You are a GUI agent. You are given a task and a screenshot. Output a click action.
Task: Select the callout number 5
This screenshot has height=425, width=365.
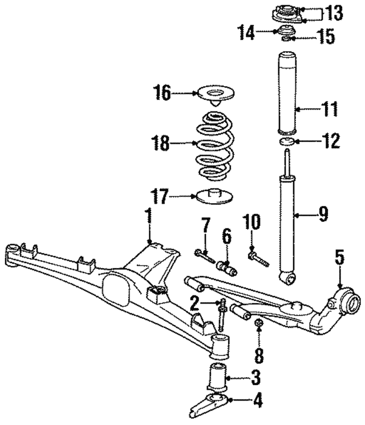click(339, 258)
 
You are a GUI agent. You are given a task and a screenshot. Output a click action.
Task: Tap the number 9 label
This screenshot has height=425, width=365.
click(323, 214)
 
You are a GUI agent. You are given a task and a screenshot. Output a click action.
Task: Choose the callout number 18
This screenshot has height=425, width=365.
click(161, 143)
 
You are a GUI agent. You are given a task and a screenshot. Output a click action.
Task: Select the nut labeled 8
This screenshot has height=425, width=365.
click(257, 325)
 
